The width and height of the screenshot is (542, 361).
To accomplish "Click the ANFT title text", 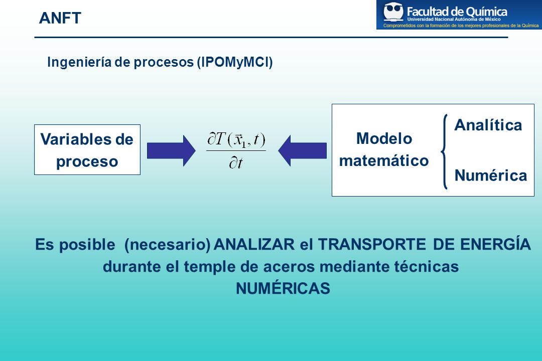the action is point(60,18).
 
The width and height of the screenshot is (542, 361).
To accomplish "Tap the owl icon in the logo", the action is point(393,12).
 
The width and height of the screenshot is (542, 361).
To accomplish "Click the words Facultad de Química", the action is point(457,12).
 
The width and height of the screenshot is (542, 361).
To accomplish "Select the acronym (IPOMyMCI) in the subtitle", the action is point(235,62).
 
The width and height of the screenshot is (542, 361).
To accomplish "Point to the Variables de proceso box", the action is point(87,149).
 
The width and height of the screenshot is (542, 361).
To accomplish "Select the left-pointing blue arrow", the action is point(303,150).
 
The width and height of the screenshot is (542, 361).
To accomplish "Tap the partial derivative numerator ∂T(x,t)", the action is point(236,139).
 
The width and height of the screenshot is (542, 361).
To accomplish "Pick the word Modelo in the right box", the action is point(384,138).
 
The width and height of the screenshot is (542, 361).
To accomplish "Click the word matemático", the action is point(384,160).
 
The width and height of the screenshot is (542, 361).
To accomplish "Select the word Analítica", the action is point(488,125).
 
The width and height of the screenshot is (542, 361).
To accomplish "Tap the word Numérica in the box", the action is point(490,175).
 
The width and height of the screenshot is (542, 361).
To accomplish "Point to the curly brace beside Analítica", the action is point(444,151).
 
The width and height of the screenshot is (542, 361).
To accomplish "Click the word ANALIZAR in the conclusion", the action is point(254,244).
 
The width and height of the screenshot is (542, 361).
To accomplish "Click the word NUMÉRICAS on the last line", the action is point(283,288).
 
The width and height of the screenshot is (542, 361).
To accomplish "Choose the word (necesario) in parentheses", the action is point(167,245).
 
